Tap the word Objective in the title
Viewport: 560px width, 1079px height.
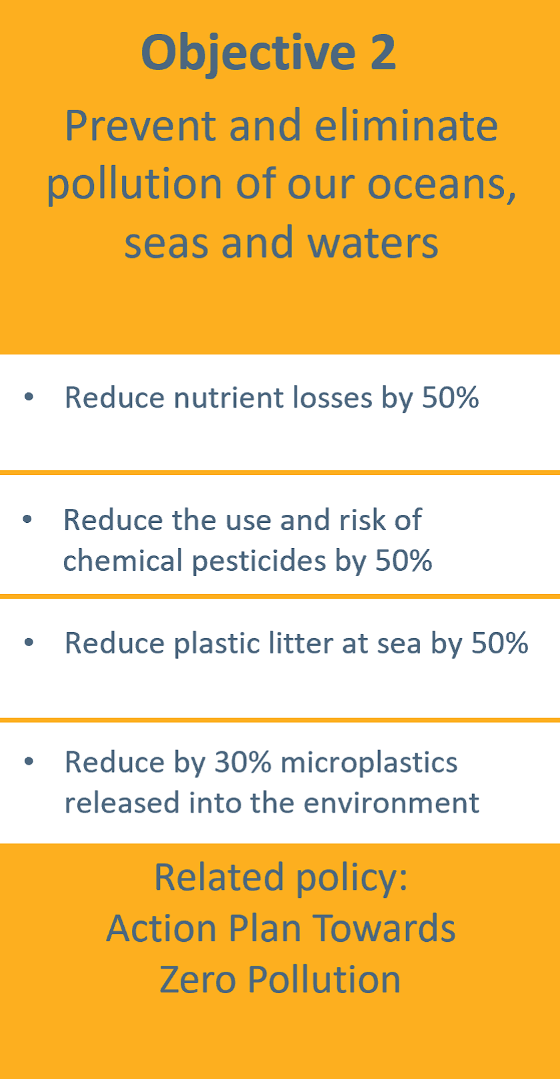tap(249, 54)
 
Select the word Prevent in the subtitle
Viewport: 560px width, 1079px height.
tap(141, 126)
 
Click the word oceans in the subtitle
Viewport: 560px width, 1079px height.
tap(441, 184)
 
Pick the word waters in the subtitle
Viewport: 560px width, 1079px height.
tap(373, 243)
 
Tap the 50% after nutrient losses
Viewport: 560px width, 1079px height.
tap(451, 398)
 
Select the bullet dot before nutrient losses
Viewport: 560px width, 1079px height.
tap(29, 396)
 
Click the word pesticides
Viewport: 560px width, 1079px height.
tap(259, 561)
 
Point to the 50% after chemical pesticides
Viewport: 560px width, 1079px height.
tap(404, 560)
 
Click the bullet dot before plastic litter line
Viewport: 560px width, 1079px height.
tap(29, 641)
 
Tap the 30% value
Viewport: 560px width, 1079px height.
tap(243, 763)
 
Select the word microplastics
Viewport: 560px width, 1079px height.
tap(369, 763)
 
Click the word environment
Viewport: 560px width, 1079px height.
tap(391, 803)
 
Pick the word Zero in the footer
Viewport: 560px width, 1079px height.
tap(198, 980)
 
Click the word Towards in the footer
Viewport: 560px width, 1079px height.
tap(384, 928)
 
